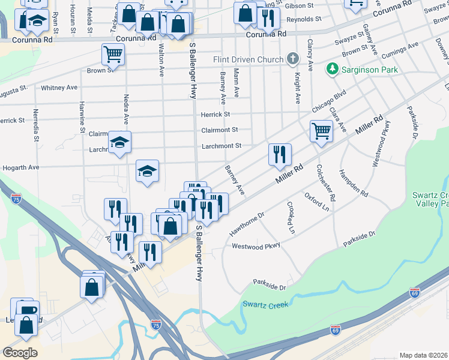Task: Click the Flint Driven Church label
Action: pos(248,60)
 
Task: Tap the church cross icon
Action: pos(292,59)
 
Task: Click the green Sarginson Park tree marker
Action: pos(331,70)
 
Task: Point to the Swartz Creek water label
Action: pos(265,305)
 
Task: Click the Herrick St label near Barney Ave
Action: pos(215,114)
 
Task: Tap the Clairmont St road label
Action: pos(220,130)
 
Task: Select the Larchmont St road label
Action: pos(221,145)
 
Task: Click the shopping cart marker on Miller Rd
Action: pos(322,131)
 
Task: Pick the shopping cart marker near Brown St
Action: pos(113,55)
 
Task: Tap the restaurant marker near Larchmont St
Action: pos(280,155)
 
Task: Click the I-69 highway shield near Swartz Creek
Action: pos(336,330)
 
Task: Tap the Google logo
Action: pos(20,353)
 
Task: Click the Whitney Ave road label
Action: pos(59,88)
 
